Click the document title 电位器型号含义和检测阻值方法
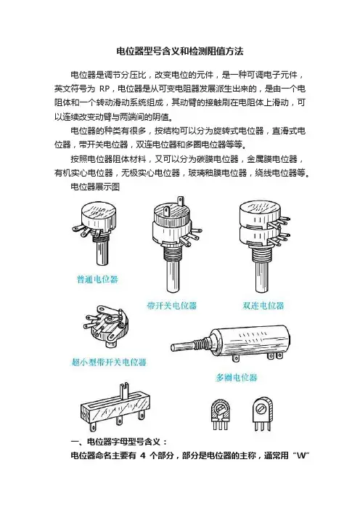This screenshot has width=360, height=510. [x=180, y=51]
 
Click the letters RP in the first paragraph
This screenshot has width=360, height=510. [x=105, y=89]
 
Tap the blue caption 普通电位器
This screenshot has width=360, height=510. [x=97, y=279]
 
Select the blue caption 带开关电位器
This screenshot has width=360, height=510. [x=172, y=305]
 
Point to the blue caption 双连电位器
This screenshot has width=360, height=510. [x=263, y=305]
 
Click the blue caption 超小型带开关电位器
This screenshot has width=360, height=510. [x=109, y=362]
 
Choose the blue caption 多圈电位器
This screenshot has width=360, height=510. [x=237, y=377]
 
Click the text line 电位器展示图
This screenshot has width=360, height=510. [x=95, y=187]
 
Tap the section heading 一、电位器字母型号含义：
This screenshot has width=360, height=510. [x=120, y=442]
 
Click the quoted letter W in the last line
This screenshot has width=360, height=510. [x=301, y=456]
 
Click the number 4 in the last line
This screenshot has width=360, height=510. [x=143, y=456]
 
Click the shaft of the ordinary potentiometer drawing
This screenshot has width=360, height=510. [x=102, y=254]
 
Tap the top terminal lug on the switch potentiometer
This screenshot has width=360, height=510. [x=167, y=211]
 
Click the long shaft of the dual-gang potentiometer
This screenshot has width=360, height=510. [x=261, y=276]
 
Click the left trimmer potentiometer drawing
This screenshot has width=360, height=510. [x=220, y=414]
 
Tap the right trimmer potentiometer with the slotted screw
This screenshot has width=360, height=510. [x=262, y=414]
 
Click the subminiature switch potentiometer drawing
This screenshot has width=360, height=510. [x=105, y=325]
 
